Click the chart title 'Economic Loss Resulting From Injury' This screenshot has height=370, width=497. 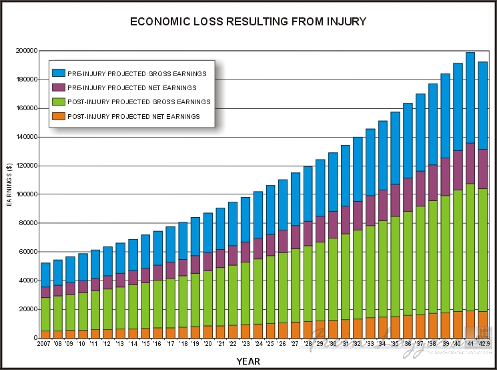point(248,21)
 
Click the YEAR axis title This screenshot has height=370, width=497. point(249,361)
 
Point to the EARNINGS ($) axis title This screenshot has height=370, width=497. point(9,181)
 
